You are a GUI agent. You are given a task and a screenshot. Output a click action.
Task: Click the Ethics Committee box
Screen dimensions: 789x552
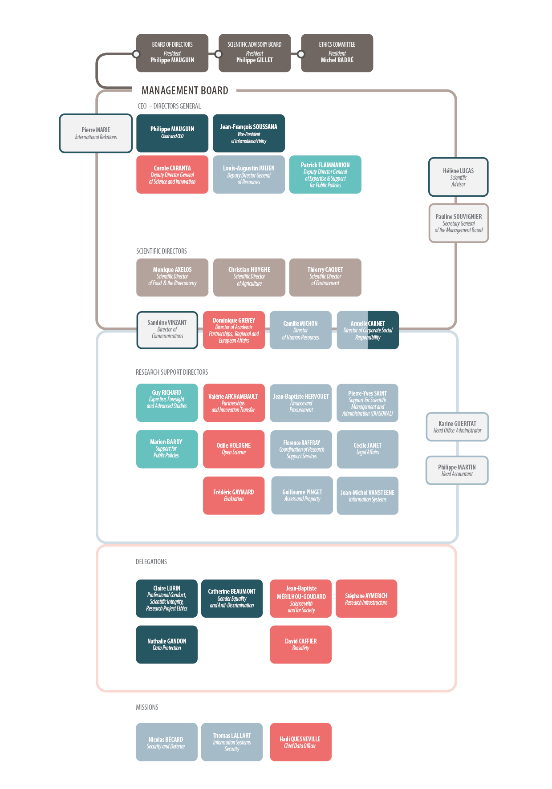click(337, 53)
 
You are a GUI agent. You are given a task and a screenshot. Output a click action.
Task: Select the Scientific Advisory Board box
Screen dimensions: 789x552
click(255, 53)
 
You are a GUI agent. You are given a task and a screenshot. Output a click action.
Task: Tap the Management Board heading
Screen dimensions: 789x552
click(185, 91)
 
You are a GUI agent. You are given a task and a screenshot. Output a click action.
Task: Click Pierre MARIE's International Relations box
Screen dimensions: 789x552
click(96, 134)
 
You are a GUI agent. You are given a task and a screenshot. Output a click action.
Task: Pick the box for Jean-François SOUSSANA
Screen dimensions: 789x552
click(249, 134)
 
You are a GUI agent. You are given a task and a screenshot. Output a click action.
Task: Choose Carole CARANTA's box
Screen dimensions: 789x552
click(172, 174)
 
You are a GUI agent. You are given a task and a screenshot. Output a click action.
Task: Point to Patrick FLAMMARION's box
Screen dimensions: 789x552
click(325, 174)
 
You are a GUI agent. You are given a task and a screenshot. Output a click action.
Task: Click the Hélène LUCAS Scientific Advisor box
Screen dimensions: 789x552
click(459, 177)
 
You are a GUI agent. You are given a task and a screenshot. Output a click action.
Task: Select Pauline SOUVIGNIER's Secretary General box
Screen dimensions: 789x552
click(459, 223)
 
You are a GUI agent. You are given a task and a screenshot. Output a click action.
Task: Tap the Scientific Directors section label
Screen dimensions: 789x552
click(162, 251)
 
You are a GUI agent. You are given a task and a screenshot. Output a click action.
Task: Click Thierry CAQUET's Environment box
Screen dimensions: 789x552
click(325, 277)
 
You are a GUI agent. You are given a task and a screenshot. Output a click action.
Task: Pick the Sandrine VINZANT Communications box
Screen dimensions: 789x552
click(167, 330)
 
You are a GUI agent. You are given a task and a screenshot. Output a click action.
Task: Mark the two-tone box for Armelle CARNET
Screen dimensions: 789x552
click(368, 330)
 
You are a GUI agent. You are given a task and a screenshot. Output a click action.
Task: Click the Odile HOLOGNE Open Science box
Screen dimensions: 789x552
click(234, 449)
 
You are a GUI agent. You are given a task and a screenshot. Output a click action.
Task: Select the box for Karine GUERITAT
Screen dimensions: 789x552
click(457, 427)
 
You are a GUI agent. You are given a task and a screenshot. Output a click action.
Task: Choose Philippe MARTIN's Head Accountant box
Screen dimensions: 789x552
click(457, 470)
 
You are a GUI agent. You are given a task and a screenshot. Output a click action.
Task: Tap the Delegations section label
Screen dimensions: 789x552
click(151, 562)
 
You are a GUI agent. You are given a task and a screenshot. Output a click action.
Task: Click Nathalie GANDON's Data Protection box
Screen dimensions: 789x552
click(167, 644)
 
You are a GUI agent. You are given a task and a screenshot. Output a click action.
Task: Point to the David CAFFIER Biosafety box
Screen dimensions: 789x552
click(301, 644)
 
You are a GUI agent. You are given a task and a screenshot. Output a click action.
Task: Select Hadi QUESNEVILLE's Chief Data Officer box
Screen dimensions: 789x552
click(300, 742)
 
